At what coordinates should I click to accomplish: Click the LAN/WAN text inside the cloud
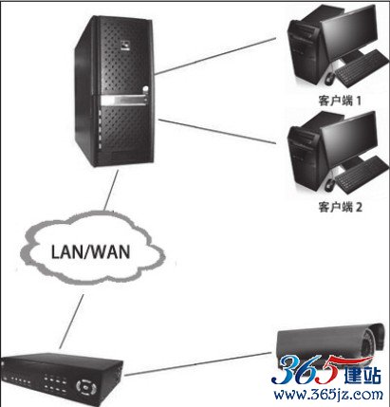tap(90, 252)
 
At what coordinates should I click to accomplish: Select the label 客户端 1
tap(340, 101)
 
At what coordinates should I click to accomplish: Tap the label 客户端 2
tap(340, 207)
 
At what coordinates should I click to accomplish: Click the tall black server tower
tap(115, 91)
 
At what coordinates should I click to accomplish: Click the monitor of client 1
tap(349, 34)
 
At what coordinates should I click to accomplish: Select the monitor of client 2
tap(349, 140)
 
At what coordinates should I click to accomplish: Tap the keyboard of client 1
tap(362, 68)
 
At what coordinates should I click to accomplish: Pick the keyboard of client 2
tap(362, 175)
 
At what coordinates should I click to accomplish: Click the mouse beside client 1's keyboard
tap(329, 78)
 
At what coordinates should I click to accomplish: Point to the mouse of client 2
tap(329, 184)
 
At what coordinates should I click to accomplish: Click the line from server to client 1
tap(215, 56)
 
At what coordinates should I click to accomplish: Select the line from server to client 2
tap(216, 132)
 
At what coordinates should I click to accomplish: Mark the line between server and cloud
tap(111, 191)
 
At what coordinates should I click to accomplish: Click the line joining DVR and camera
tap(197, 364)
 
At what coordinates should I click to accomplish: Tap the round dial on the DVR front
tap(84, 386)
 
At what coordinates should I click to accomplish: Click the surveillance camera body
tap(330, 344)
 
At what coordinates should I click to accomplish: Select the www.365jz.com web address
tap(328, 395)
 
